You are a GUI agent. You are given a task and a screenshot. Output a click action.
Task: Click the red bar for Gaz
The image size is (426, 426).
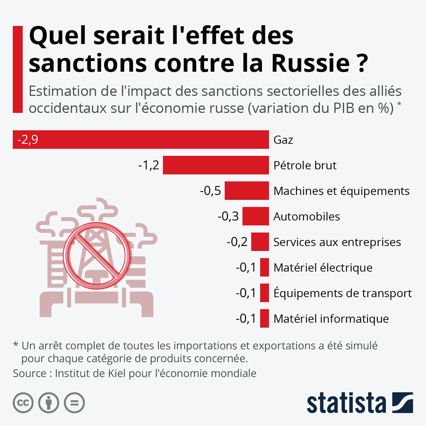tap(142, 140)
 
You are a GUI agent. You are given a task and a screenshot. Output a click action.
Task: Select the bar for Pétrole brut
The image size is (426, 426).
tap(216, 165)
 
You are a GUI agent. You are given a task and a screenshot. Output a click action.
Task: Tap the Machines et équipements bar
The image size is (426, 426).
tap(247, 191)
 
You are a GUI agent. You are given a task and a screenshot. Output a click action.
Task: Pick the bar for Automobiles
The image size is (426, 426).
tap(256, 216)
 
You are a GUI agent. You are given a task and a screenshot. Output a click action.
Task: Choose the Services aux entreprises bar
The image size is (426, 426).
tap(260, 242)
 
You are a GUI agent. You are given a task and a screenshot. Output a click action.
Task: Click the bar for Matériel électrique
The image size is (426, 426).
tap(264, 267)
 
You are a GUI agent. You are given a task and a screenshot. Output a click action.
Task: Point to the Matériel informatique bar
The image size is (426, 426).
tap(264, 318)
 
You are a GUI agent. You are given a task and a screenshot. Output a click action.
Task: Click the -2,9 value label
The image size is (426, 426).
tap(28, 140)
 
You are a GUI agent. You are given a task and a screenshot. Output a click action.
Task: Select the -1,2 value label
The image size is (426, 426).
tap(148, 165)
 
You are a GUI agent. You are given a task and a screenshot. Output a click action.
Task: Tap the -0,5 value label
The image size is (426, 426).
tap(210, 191)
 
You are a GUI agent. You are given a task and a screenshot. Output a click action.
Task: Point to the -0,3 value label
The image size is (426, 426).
tap(228, 216)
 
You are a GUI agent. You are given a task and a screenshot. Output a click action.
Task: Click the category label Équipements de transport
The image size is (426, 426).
tap(343, 293)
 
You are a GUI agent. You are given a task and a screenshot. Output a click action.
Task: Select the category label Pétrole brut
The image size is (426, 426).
tap(305, 165)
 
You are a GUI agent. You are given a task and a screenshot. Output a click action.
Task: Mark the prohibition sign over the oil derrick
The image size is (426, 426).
tap(97, 255)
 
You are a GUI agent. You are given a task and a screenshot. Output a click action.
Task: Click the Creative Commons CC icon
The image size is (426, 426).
tap(23, 403)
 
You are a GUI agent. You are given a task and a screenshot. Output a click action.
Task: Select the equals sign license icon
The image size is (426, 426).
tap(75, 403)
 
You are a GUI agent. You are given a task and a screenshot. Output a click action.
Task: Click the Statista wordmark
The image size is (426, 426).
tap(346, 403)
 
